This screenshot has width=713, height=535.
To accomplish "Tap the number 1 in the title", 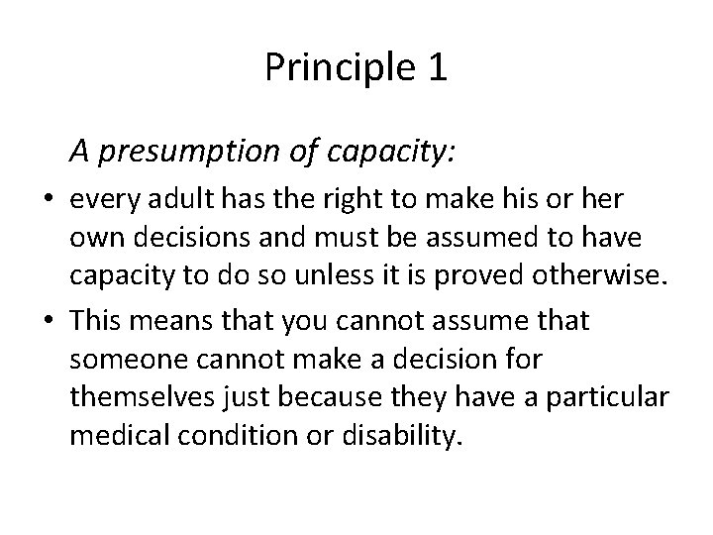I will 437,67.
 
